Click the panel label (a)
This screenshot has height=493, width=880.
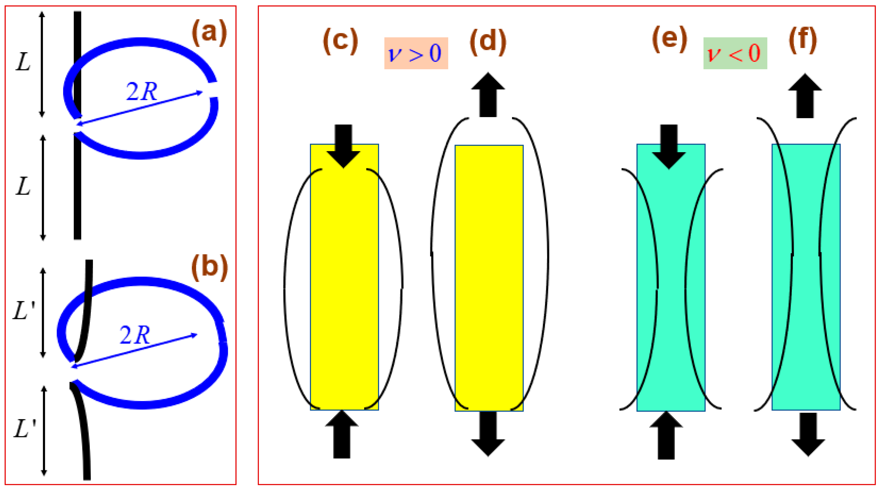(x=209, y=33)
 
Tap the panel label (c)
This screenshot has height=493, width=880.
(x=340, y=41)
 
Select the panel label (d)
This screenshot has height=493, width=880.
(x=488, y=42)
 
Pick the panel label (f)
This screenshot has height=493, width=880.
(x=803, y=40)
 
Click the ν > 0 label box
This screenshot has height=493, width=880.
(x=416, y=53)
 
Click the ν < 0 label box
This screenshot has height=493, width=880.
(x=735, y=53)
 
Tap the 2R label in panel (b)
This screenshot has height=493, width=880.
(x=134, y=335)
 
